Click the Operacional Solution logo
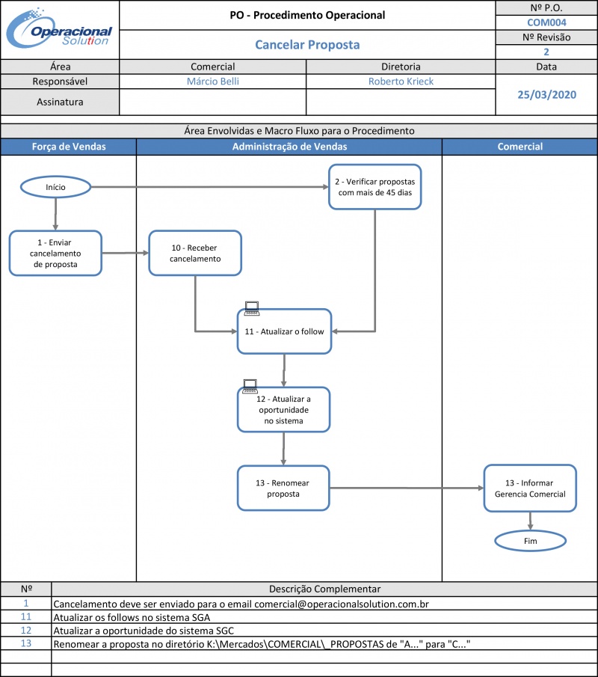coord(59,28)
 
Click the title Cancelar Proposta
coord(307,44)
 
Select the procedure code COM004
coord(546,22)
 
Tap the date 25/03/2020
coord(546,94)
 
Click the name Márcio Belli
coord(213,82)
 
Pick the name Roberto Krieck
coord(401,82)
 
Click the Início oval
coord(55,187)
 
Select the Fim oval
coord(530,541)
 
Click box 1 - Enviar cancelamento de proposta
coord(55,253)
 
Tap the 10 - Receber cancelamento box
coord(195,253)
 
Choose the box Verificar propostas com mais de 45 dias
coord(375,187)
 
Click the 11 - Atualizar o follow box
coord(284,331)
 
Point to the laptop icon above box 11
coord(252,308)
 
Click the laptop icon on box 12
coord(250,386)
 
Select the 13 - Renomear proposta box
coord(283,488)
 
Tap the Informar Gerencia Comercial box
coord(530,488)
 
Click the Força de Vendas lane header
coord(69,147)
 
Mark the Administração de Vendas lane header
coord(289,147)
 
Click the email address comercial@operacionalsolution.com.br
coord(342,604)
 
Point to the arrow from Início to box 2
coord(210,187)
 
